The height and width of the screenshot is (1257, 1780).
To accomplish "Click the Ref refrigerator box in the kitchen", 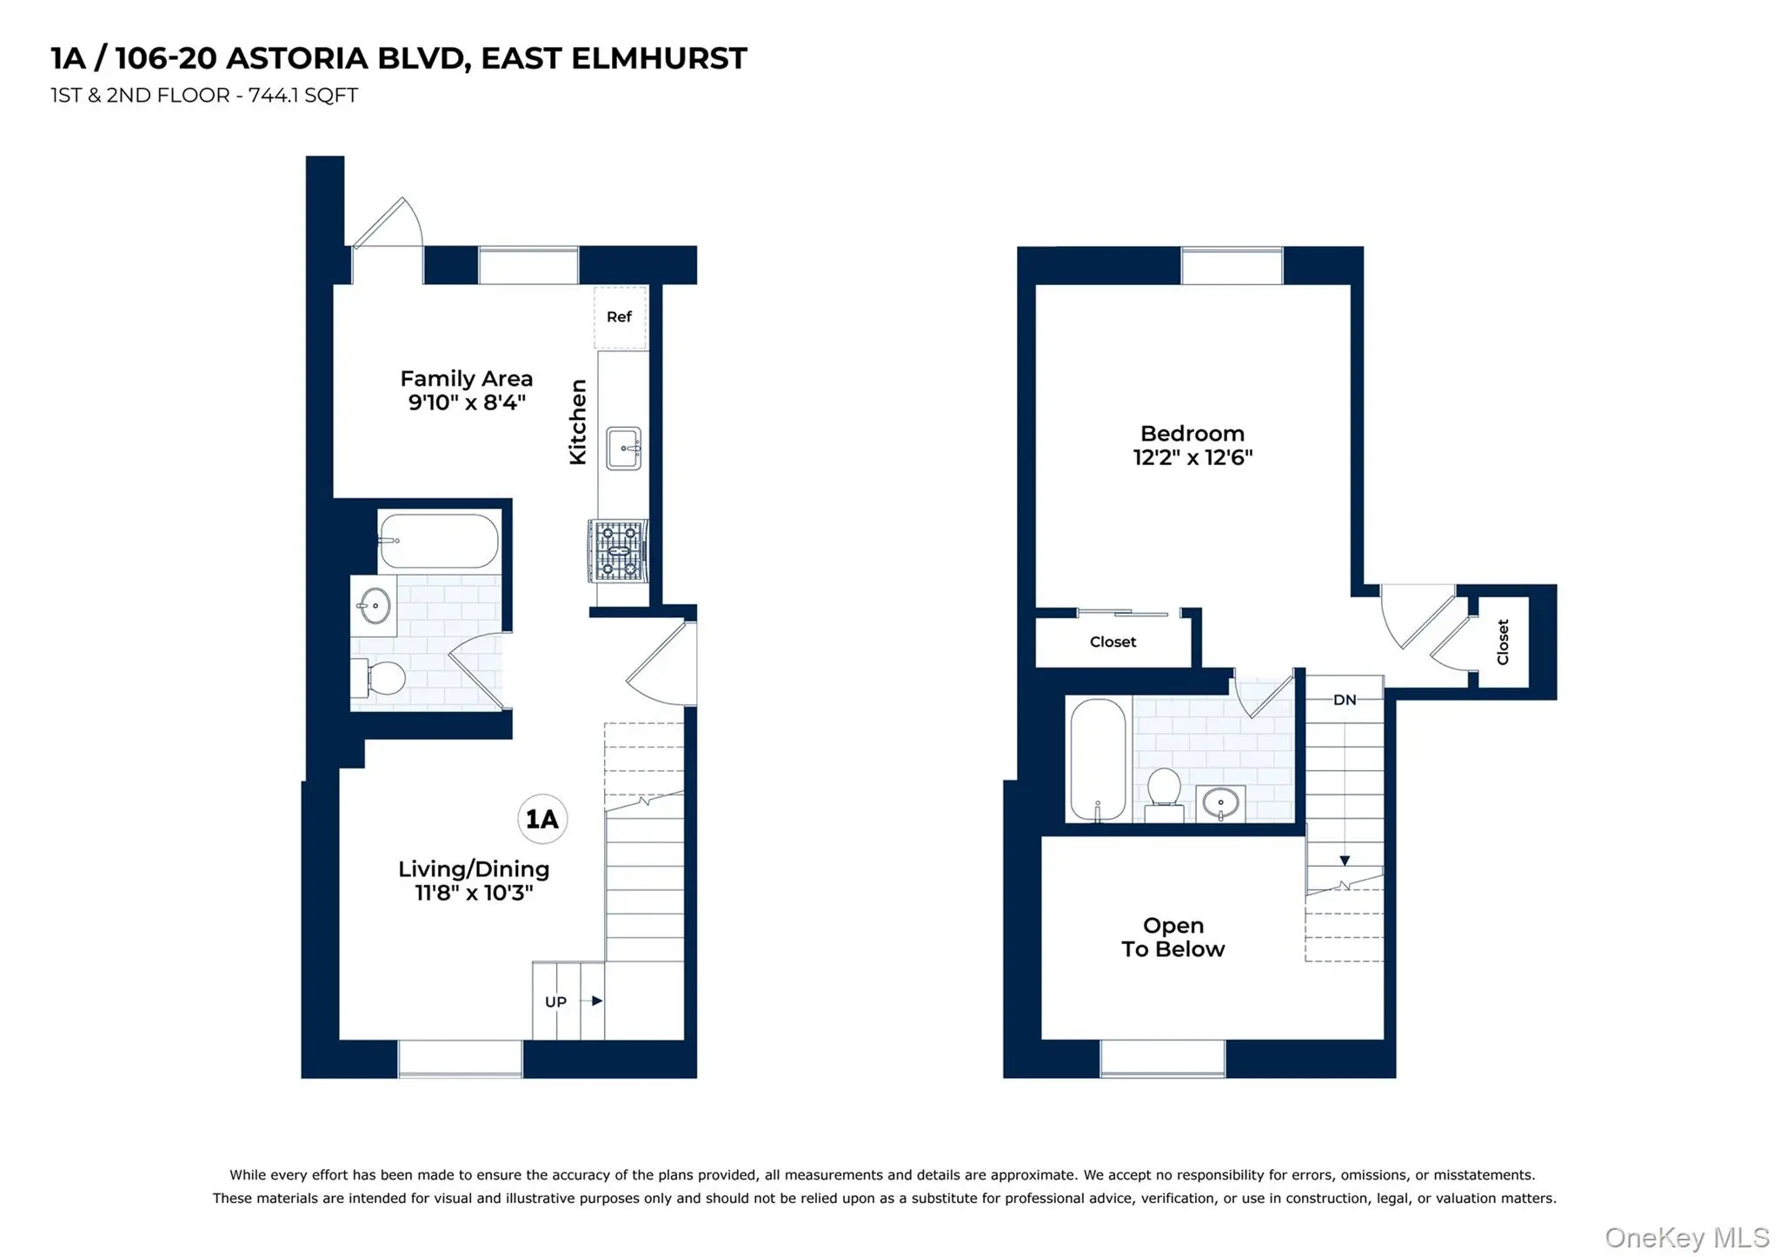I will click(619, 317).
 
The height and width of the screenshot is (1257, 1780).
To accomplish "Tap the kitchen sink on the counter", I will click(623, 449).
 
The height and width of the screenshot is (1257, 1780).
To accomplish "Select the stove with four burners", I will click(618, 550).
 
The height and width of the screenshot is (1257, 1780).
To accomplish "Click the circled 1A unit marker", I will click(542, 819).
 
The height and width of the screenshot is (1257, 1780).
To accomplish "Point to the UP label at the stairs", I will click(555, 1001).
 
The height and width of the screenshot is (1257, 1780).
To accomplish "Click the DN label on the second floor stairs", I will click(1344, 700).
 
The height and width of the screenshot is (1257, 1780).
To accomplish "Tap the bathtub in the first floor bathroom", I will click(439, 541).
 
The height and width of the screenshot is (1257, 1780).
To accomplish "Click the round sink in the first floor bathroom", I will click(375, 605).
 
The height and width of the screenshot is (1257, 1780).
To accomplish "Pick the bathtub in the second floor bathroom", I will click(1098, 759).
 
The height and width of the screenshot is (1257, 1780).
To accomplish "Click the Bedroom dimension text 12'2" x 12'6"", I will click(1192, 457).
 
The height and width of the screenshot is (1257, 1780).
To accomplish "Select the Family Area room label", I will click(466, 379).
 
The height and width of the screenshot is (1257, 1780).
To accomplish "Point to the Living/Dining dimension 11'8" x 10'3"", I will click(474, 893).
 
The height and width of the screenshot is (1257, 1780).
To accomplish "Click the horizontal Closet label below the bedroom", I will click(1112, 642).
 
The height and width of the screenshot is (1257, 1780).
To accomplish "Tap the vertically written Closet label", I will click(1503, 642).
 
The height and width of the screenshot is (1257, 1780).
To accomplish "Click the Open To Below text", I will click(1172, 937).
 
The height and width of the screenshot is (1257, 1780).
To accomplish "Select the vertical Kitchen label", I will click(578, 422).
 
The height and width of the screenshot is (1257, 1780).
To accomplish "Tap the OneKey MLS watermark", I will click(1686, 1237).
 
